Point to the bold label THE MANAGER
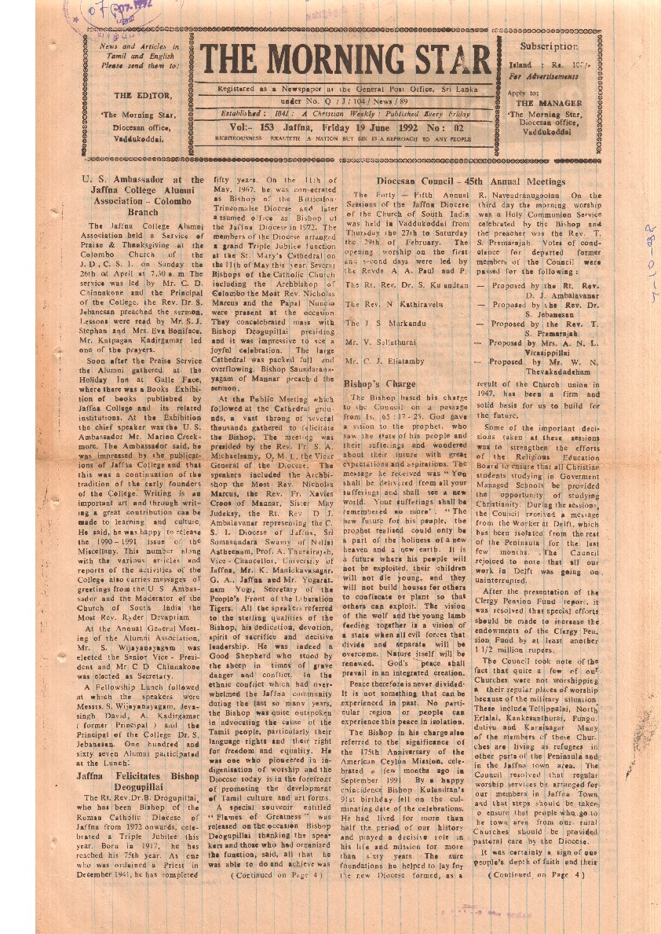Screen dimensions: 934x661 (x=549, y=103)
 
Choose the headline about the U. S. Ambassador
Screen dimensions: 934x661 (x=142, y=196)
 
